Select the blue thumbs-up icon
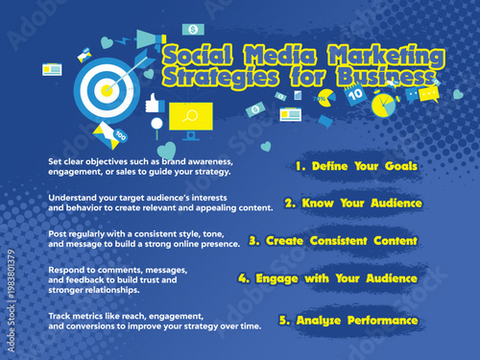[x=153, y=104]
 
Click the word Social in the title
[x=198, y=52]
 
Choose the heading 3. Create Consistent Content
[x=332, y=241]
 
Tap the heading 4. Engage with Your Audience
[x=327, y=278]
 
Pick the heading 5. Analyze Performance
[x=348, y=320]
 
